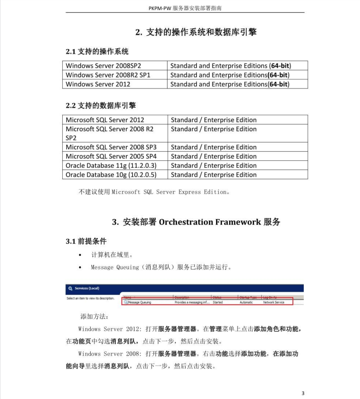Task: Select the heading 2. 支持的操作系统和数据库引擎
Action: pyautogui.click(x=196, y=32)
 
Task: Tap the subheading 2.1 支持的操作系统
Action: pyautogui.click(x=97, y=51)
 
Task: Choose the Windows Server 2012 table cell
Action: pyautogui.click(x=98, y=84)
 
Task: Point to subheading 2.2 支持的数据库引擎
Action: pyautogui.click(x=101, y=105)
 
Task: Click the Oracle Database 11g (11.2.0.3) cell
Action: pyautogui.click(x=111, y=165)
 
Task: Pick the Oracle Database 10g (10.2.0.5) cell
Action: pyautogui.click(x=111, y=175)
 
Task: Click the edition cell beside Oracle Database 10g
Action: pyautogui.click(x=213, y=175)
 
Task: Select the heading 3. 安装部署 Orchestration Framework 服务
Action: pyautogui.click(x=196, y=222)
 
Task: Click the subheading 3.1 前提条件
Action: pyautogui.click(x=86, y=241)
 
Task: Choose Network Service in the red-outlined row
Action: pyautogui.click(x=274, y=302)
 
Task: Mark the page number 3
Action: pyautogui.click(x=303, y=393)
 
